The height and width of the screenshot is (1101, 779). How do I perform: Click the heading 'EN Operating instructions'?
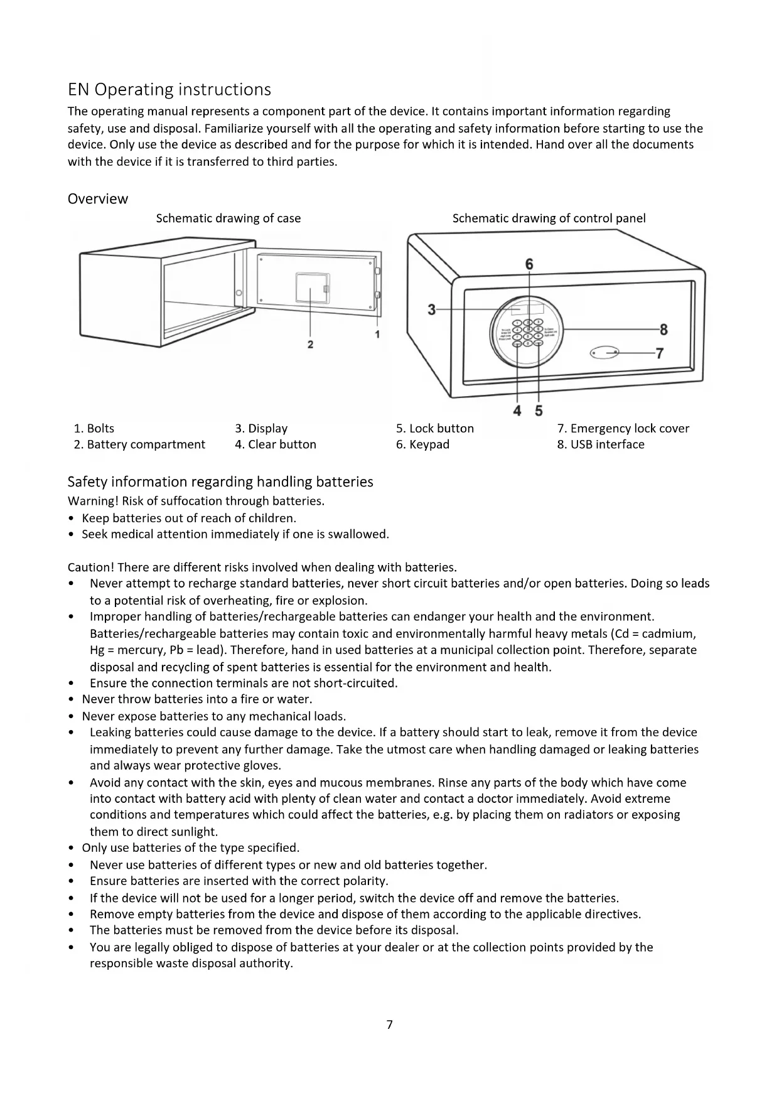coord(169,90)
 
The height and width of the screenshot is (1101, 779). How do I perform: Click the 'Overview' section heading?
coord(98,199)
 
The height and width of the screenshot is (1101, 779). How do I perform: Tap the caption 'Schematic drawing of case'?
coord(228,218)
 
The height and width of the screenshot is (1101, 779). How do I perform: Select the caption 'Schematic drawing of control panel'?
coord(549,218)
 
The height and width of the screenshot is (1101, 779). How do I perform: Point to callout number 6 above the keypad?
coord(529,264)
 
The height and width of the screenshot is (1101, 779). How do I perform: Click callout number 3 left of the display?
coord(431,309)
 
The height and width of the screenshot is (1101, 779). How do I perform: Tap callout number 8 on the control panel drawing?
coord(663,330)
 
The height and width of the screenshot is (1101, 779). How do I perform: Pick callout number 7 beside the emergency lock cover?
coord(659,353)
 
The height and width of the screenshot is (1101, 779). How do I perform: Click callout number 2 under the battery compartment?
coord(310,345)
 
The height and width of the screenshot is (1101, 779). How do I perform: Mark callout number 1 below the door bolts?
coord(377,335)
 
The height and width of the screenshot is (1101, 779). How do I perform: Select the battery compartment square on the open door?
coord(312,288)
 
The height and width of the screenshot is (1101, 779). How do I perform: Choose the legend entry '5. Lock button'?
coord(435,428)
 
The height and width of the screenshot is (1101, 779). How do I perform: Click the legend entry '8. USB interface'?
coord(601,444)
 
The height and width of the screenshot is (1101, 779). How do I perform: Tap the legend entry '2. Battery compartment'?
coord(139,444)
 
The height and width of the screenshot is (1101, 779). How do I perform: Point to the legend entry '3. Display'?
coord(261,428)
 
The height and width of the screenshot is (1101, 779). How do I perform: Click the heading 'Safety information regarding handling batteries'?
coord(220,481)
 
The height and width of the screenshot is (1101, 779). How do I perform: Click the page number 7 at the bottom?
coord(389,1025)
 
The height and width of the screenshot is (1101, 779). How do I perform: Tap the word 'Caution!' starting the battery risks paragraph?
coord(90,567)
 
